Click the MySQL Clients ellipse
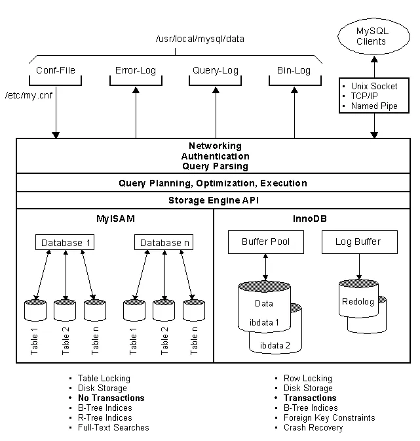[x=371, y=37]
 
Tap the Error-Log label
[x=136, y=70]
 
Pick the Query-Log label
[x=215, y=70]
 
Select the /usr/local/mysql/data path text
[x=200, y=39]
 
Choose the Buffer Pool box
[x=265, y=241]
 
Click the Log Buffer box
[x=360, y=241]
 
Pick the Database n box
[x=164, y=243]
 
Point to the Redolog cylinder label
[x=358, y=302]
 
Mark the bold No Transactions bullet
[x=111, y=398]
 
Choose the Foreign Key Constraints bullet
[x=329, y=417]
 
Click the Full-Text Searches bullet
[x=113, y=427]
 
